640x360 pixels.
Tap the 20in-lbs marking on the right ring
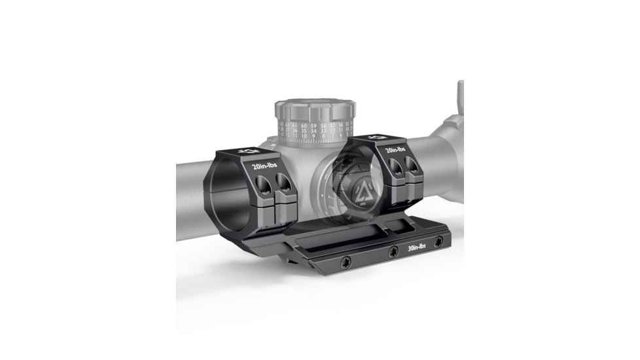(x=395, y=150)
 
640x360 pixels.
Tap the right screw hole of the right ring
(x=412, y=166)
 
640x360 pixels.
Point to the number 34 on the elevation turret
(x=314, y=131)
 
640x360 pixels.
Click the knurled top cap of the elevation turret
(x=315, y=108)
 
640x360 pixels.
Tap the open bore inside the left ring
(x=231, y=196)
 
